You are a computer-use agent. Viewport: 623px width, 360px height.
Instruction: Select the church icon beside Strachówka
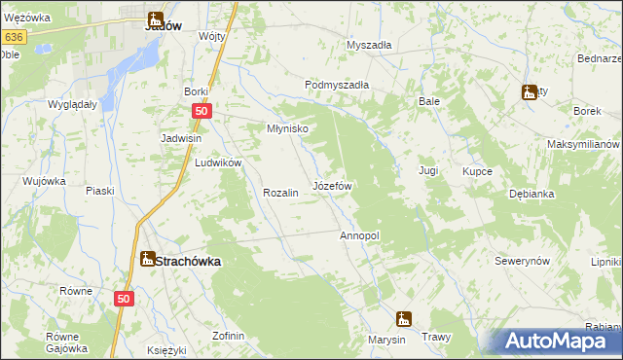[147, 259]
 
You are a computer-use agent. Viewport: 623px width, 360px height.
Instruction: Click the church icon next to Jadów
[155, 18]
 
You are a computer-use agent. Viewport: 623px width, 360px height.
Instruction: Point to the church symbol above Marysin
[402, 318]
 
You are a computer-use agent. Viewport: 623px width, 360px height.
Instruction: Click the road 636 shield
[13, 36]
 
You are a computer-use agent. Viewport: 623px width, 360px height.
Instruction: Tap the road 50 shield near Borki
[201, 112]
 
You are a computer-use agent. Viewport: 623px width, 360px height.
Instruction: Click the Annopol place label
[358, 236]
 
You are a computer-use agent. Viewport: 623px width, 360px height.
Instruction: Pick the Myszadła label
[369, 45]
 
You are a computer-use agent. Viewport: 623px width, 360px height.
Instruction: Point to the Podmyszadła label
[336, 85]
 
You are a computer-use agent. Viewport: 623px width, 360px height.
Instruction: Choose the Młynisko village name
[288, 128]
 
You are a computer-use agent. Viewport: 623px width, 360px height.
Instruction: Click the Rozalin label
[280, 193]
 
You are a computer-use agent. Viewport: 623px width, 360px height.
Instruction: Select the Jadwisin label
[181, 138]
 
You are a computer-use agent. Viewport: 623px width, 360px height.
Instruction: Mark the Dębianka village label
[531, 194]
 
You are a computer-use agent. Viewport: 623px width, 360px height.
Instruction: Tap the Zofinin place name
[228, 336]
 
